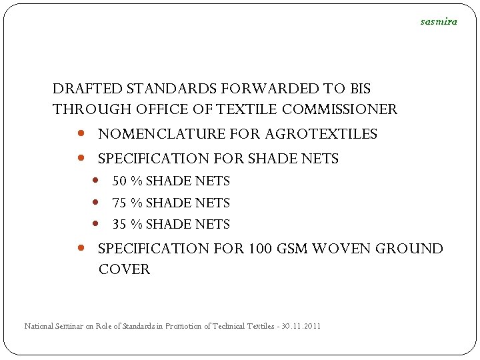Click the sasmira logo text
click(x=439, y=21)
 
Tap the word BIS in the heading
click(x=357, y=89)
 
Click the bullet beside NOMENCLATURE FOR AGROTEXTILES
click(x=81, y=133)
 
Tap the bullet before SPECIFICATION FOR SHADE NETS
click(x=81, y=158)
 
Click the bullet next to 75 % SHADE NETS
click(x=96, y=202)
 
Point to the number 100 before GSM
click(x=260, y=249)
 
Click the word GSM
click(x=291, y=249)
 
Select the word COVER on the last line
click(x=124, y=270)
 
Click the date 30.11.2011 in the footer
click(x=301, y=326)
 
